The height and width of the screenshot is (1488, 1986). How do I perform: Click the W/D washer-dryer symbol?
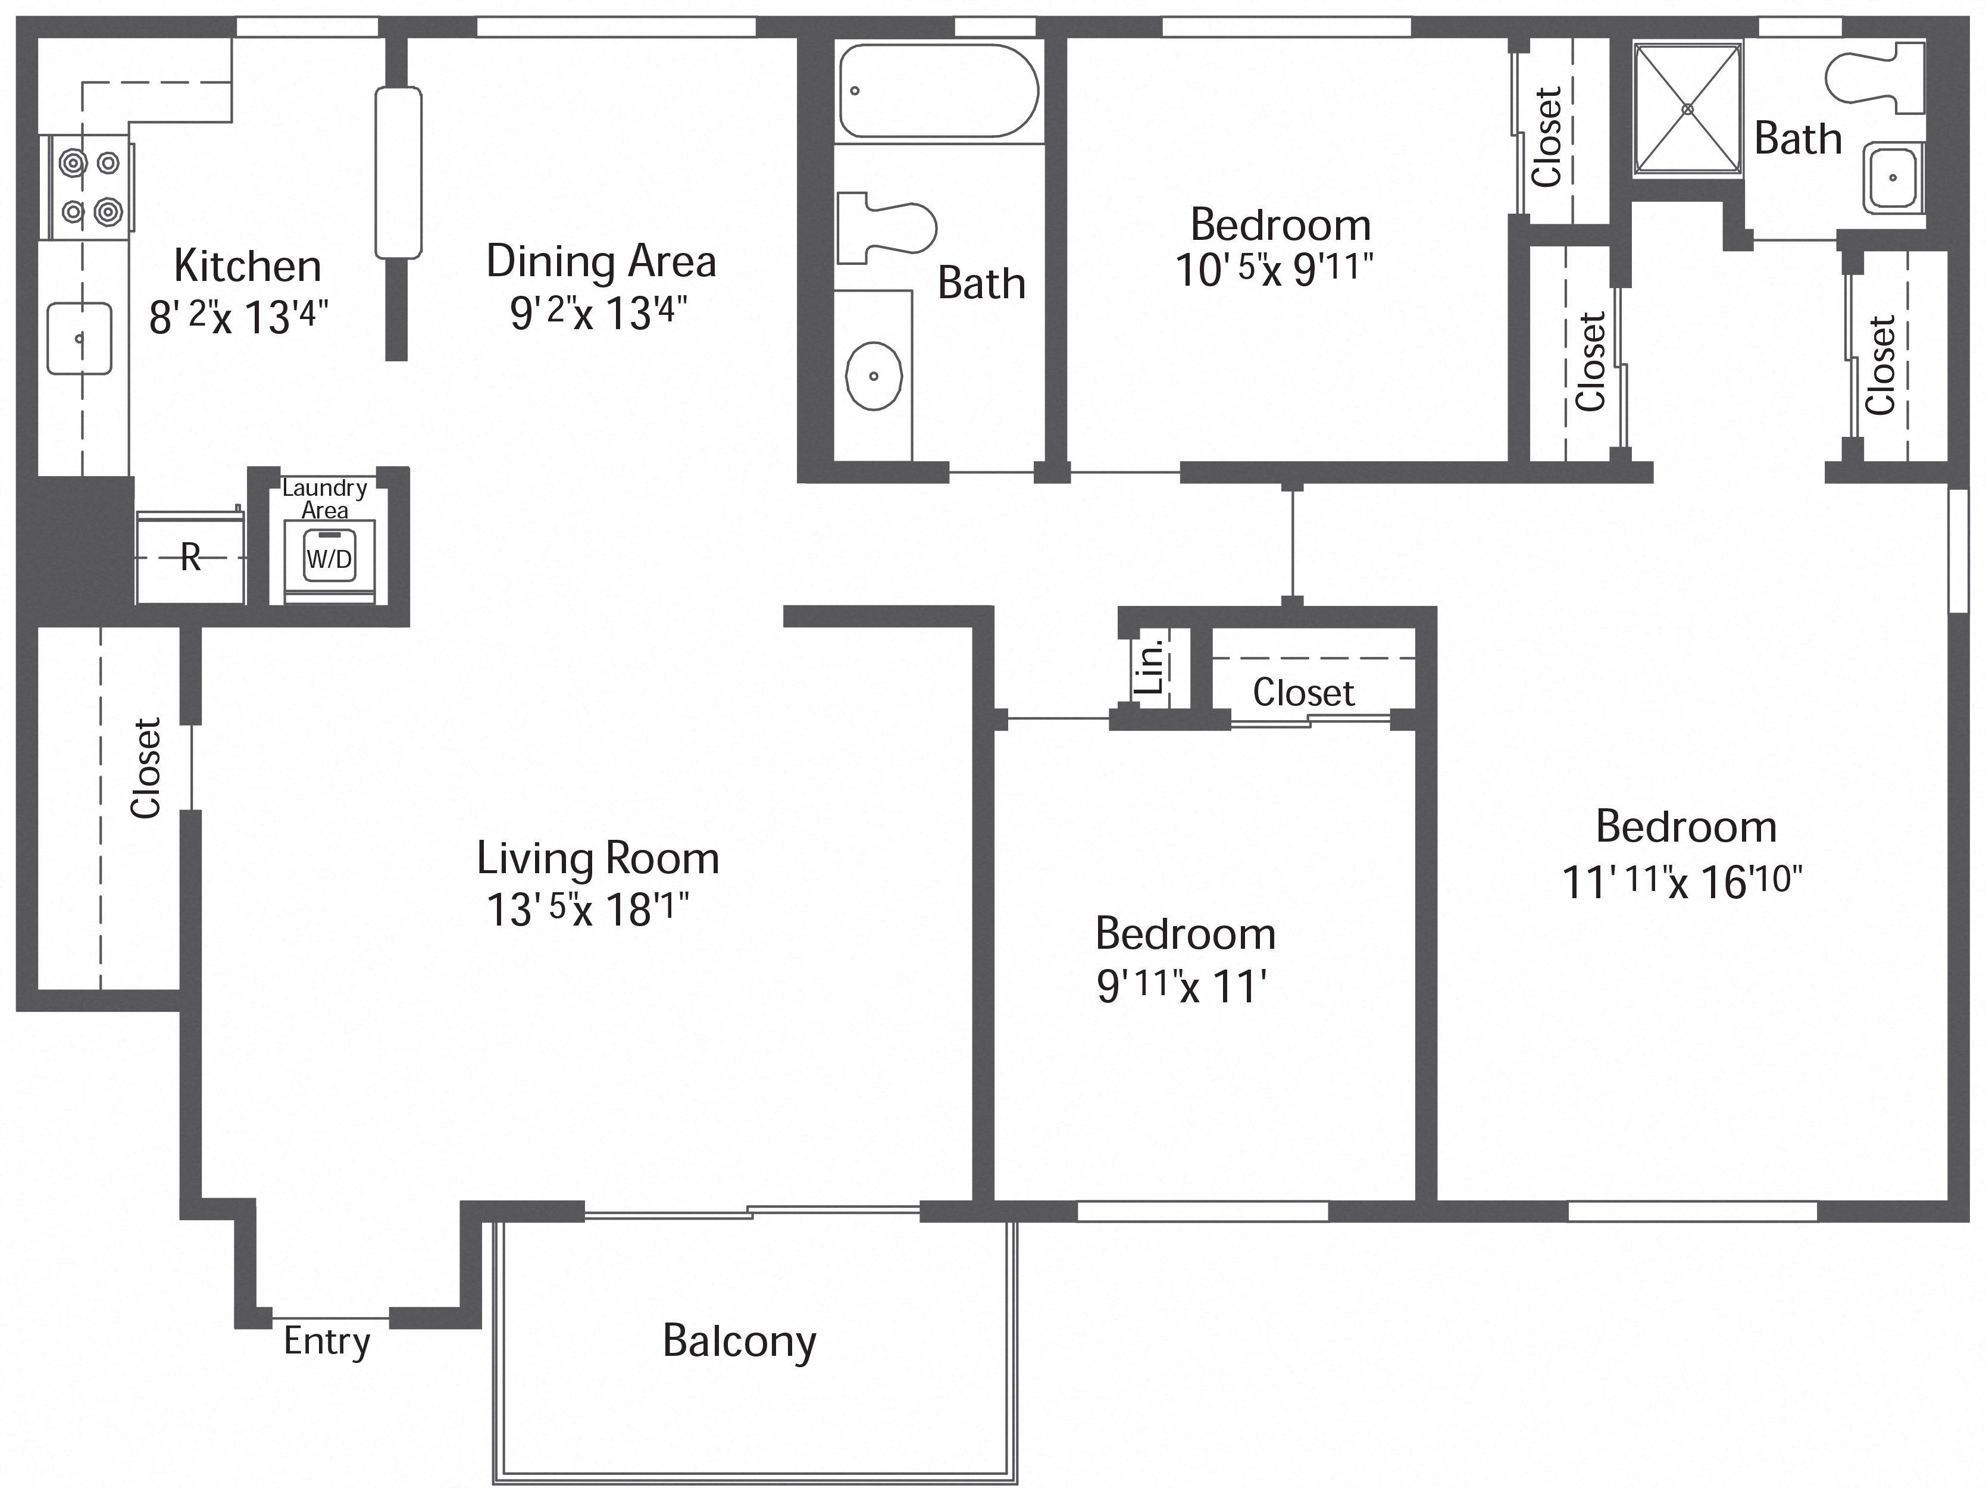click(x=330, y=558)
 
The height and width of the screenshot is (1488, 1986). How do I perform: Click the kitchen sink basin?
click(x=79, y=339)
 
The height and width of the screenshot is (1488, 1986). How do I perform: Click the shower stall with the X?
click(x=1687, y=109)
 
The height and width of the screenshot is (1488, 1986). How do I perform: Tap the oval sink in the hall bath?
click(x=874, y=376)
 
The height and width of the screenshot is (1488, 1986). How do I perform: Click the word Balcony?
click(x=739, y=1342)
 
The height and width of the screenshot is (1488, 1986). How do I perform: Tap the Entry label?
click(x=327, y=1342)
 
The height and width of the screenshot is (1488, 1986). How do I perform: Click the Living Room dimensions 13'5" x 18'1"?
click(x=588, y=909)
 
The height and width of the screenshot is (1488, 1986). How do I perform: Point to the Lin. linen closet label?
click(x=1150, y=666)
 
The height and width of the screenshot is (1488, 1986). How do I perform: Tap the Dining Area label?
click(x=601, y=261)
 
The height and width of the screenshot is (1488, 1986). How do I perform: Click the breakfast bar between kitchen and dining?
click(x=398, y=173)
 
